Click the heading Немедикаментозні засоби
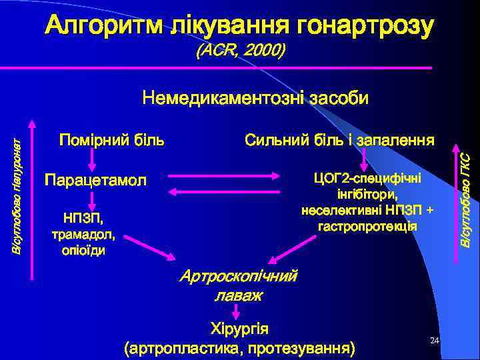(x=255, y=99)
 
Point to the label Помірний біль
(x=112, y=141)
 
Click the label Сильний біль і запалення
(x=339, y=141)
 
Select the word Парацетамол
(x=93, y=180)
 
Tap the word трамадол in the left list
(x=83, y=235)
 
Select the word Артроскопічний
(x=239, y=276)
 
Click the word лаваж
(x=238, y=294)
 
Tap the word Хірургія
(x=239, y=329)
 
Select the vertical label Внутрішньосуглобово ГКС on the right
(x=467, y=200)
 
